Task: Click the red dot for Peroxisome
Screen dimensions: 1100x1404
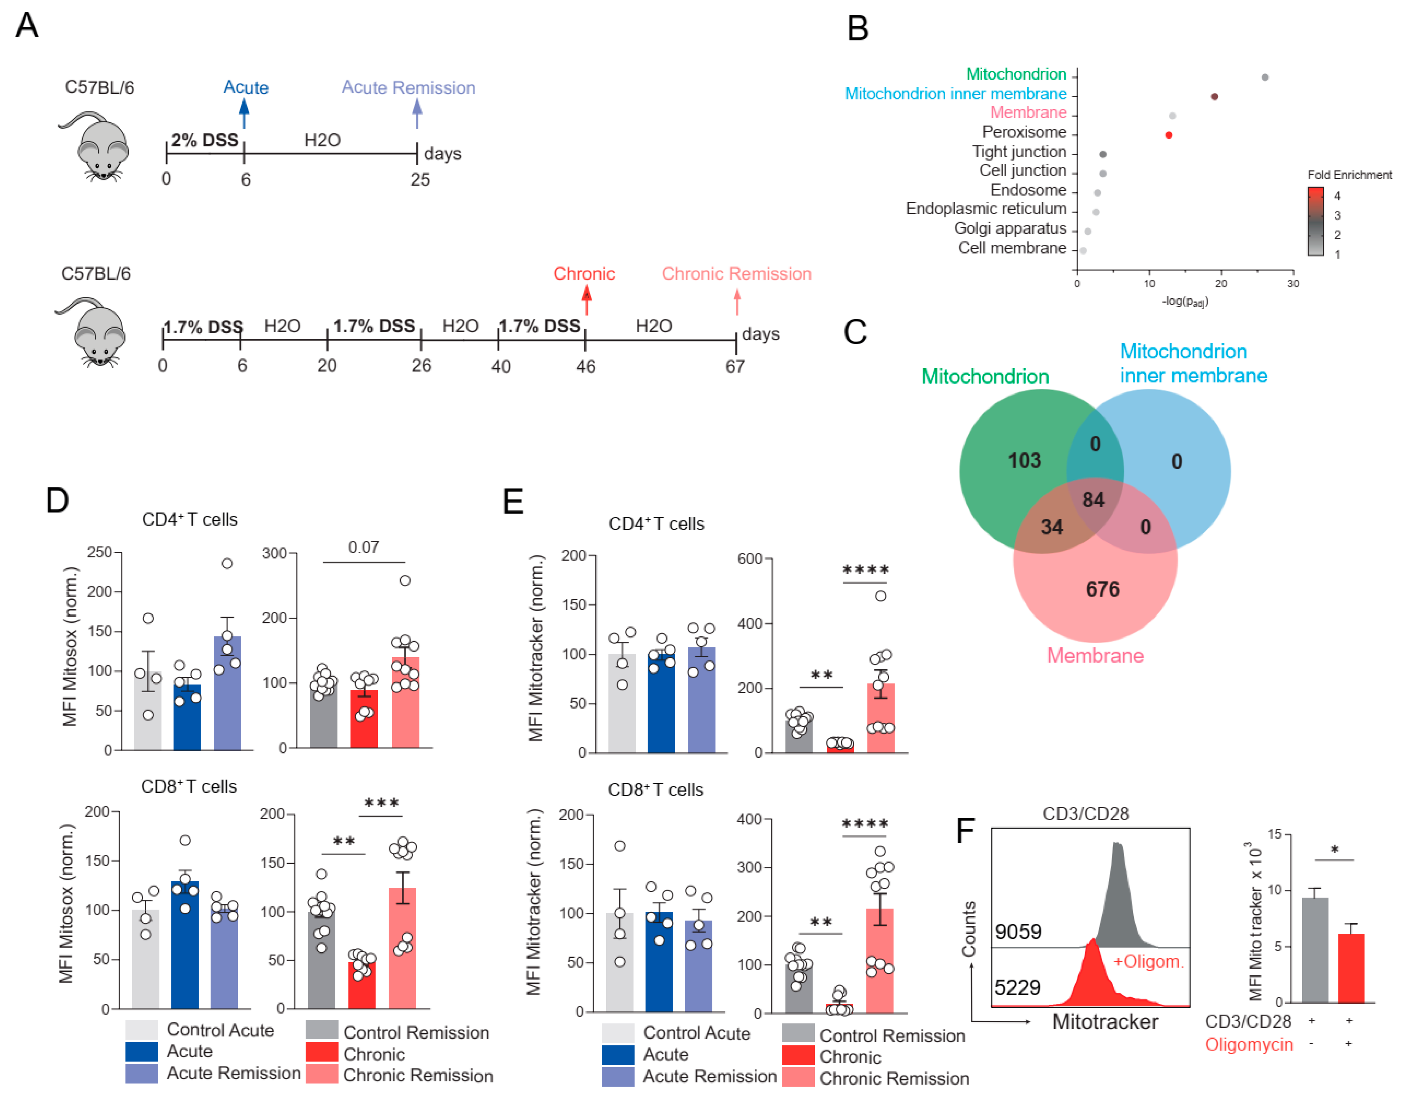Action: (1168, 135)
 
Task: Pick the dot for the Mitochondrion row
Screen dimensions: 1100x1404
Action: (1264, 77)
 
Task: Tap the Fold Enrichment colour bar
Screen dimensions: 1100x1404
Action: (1315, 221)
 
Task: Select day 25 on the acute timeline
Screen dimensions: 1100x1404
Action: (420, 179)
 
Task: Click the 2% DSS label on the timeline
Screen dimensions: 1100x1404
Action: (205, 140)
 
